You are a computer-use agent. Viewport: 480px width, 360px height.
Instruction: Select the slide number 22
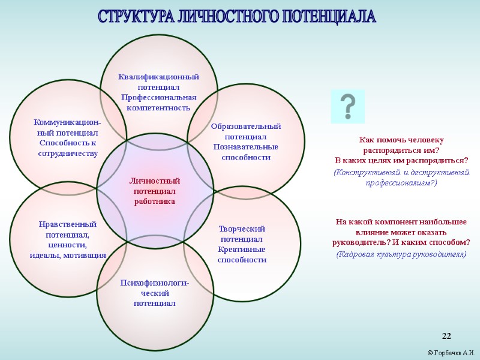tap(446, 335)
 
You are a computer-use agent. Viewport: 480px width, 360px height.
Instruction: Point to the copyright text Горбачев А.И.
tap(451, 352)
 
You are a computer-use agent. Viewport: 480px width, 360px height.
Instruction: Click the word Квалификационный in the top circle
tap(158, 77)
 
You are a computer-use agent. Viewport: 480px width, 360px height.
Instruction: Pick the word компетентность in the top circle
tap(158, 108)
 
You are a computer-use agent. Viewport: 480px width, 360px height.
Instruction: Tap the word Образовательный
tap(246, 127)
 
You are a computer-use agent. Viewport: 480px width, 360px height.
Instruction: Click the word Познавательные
tap(246, 147)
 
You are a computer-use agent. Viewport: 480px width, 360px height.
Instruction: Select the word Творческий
tap(242, 229)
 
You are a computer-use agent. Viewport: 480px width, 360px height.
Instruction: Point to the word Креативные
tap(242, 250)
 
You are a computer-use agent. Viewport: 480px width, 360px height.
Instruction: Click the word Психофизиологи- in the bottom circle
tap(154, 283)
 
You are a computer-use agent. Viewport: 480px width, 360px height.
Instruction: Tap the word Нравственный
tap(67, 224)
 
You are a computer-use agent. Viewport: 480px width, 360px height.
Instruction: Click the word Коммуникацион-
tap(67, 122)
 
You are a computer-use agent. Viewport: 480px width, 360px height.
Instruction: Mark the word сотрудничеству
tap(67, 154)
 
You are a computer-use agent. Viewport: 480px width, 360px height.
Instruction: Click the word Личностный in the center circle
tap(155, 181)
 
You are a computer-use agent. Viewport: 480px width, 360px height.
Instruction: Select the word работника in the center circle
tap(155, 202)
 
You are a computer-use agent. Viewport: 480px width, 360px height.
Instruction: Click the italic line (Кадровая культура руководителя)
tap(401, 254)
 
